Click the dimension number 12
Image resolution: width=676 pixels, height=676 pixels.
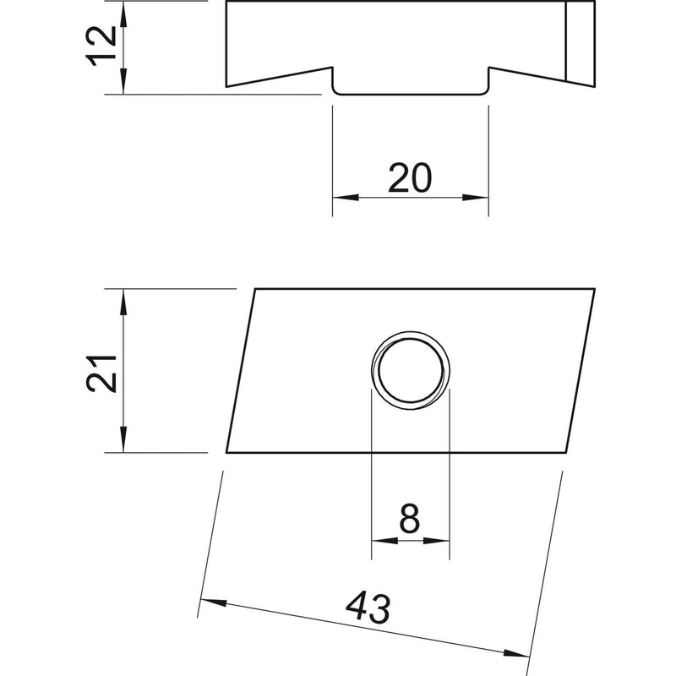click(x=101, y=46)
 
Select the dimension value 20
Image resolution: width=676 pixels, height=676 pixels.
click(x=410, y=177)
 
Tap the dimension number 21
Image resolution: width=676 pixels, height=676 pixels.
click(x=101, y=373)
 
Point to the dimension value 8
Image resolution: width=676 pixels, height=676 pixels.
click(x=410, y=519)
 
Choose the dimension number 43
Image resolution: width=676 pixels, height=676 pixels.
click(x=368, y=608)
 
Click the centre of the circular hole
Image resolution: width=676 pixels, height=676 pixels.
click(x=411, y=370)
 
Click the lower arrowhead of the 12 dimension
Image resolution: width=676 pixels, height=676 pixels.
click(x=123, y=80)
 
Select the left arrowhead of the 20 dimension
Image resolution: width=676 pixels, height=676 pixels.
click(x=346, y=198)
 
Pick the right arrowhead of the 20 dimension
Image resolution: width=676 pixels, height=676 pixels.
click(x=476, y=198)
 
